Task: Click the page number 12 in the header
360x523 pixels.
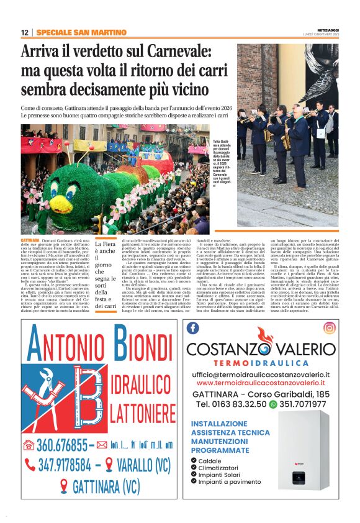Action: [x=24, y=32]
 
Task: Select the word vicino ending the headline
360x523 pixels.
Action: [x=202, y=89]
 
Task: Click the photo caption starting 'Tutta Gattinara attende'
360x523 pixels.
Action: [x=222, y=163]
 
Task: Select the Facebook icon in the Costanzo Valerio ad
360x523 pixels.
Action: [x=193, y=327]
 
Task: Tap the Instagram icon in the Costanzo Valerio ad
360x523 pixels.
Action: [x=330, y=327]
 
